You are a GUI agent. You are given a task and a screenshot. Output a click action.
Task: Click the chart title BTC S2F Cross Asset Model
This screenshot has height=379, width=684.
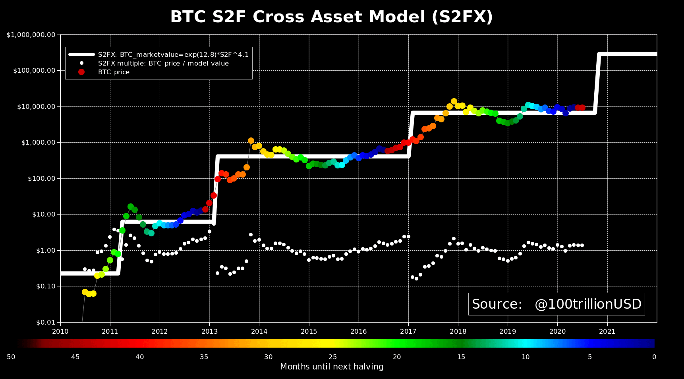tap(331, 17)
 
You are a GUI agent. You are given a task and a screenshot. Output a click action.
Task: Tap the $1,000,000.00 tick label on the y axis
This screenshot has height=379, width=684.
tap(31, 35)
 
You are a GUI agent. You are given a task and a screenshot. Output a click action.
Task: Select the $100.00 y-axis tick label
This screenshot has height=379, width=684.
tap(41, 179)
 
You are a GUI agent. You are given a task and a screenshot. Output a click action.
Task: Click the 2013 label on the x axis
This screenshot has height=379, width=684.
tap(209, 331)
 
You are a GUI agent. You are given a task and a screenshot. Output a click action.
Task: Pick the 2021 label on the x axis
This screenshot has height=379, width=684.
tap(607, 331)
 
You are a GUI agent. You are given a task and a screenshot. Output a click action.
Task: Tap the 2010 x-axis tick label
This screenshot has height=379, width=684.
tap(60, 331)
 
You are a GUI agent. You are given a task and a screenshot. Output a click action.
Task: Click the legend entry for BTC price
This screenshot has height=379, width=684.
tap(114, 72)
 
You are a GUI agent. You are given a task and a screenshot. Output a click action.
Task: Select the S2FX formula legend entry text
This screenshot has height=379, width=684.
tap(173, 55)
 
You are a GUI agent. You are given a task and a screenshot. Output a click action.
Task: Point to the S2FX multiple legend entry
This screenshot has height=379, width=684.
tap(163, 64)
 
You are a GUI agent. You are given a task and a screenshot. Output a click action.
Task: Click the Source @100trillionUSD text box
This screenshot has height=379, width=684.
tap(556, 304)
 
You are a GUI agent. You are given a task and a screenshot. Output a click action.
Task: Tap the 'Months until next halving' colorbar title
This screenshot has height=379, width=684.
tap(332, 367)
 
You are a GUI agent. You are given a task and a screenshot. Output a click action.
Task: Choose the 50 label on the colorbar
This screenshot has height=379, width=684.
tap(11, 357)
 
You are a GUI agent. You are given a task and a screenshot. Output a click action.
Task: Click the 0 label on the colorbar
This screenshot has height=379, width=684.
tap(654, 357)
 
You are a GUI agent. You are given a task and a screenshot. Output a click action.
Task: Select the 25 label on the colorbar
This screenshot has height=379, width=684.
tap(332, 357)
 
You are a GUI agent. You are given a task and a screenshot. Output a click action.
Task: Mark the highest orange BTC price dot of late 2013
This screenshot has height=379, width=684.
tap(251, 141)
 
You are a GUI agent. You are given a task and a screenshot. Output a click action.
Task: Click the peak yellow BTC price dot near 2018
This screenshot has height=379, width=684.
tap(454, 101)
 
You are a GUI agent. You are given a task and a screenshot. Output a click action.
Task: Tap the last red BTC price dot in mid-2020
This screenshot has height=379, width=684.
tap(582, 108)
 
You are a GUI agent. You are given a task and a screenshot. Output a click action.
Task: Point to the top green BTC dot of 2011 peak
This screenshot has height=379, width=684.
tap(130, 207)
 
